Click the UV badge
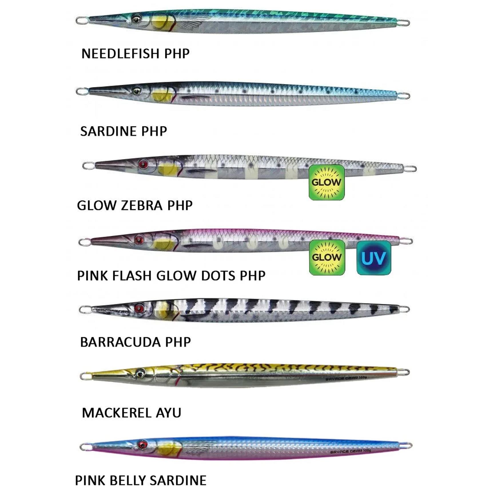click(x=373, y=258)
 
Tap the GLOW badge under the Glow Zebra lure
click(x=327, y=182)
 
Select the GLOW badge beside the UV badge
click(x=327, y=257)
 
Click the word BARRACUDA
click(x=120, y=342)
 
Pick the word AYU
click(x=168, y=413)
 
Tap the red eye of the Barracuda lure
click(x=139, y=308)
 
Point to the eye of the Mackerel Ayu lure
click(x=140, y=373)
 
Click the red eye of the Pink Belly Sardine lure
click(x=142, y=444)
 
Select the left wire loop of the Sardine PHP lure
click(x=81, y=91)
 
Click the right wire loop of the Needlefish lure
click(x=404, y=22)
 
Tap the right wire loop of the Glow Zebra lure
click(x=410, y=169)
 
